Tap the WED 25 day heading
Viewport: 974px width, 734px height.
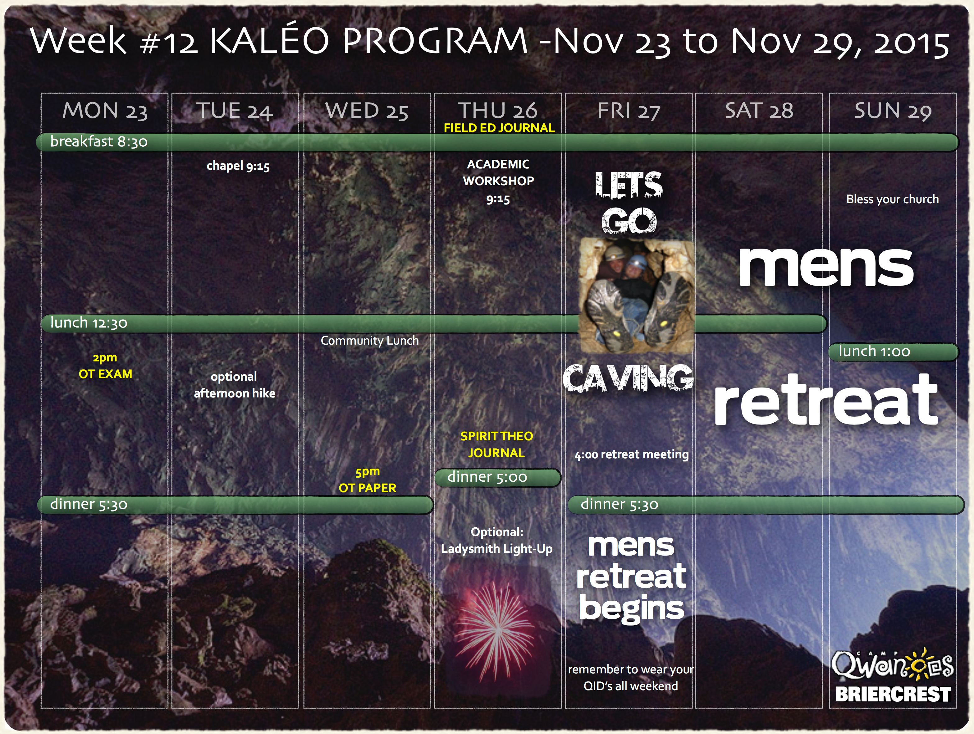[367, 111]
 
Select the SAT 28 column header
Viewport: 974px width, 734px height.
[759, 111]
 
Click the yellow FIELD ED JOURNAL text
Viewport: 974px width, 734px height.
[499, 128]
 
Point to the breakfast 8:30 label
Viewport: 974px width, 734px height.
[98, 142]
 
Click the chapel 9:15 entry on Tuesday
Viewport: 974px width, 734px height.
[238, 166]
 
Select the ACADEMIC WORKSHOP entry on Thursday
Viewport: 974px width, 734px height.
[498, 181]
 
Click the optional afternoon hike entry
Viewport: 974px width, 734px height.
[235, 385]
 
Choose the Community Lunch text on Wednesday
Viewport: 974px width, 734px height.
[369, 340]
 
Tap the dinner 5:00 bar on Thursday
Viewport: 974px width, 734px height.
[498, 477]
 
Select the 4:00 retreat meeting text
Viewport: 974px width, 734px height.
[631, 454]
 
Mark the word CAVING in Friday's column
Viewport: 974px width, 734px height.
[628, 378]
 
